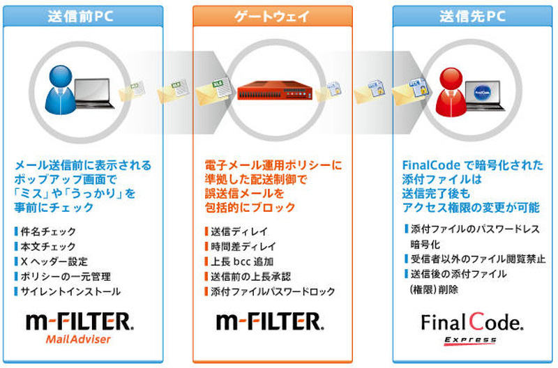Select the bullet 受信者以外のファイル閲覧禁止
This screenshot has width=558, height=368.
click(464, 259)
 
